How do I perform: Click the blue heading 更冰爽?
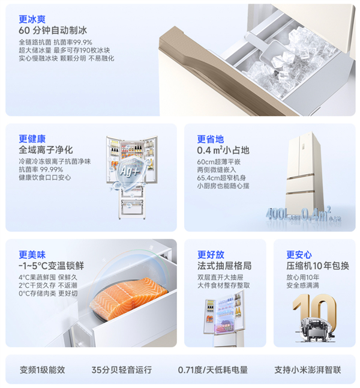32,19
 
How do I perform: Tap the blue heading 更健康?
32,139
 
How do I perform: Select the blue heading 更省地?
211,139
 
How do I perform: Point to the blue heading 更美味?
32,255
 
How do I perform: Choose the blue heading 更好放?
211,255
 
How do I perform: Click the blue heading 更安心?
299,255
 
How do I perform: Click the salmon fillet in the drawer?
128,298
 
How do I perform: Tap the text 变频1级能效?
43,370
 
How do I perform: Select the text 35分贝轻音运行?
122,370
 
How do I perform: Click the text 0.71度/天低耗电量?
213,370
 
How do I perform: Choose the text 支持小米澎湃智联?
308,370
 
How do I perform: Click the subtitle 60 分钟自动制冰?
53,31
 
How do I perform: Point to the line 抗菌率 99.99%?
41,170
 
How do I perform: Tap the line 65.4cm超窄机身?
221,178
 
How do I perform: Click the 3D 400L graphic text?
277,214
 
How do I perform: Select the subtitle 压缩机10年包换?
318,266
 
